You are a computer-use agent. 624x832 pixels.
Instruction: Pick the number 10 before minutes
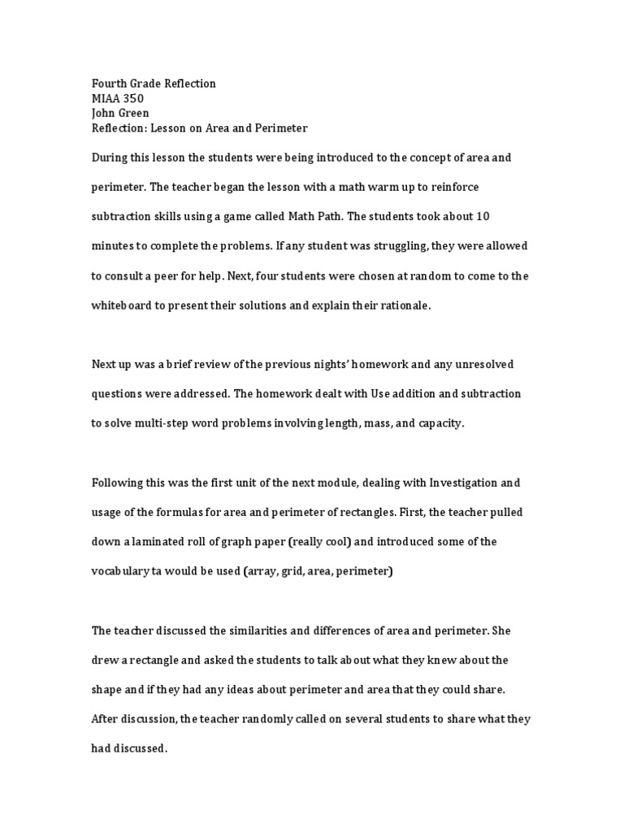click(483, 217)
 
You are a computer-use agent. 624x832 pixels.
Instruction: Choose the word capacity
click(439, 423)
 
